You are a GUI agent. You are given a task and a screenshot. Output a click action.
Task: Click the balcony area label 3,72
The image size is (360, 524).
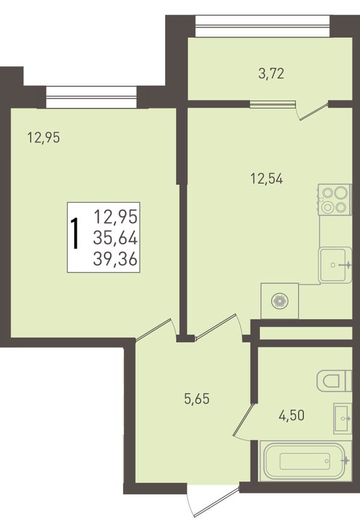(271, 73)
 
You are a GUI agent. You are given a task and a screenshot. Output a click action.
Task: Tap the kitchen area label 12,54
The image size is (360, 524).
(266, 179)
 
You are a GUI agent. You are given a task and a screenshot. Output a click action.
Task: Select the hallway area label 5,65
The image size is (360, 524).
(197, 399)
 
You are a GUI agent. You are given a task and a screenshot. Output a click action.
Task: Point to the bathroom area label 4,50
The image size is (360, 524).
(292, 415)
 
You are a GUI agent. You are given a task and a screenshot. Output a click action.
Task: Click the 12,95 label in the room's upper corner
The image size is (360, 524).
(44, 137)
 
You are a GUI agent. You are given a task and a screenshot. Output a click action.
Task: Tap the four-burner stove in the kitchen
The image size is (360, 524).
(335, 199)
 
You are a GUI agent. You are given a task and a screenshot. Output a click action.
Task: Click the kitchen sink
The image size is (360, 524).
(335, 265)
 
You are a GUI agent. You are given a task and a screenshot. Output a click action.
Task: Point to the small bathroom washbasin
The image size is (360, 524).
(343, 418)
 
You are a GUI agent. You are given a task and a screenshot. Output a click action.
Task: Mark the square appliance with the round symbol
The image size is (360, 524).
(280, 301)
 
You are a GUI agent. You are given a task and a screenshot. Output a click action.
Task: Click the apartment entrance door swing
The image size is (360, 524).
(213, 502)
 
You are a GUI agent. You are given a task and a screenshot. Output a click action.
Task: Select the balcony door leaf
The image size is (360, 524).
(313, 112)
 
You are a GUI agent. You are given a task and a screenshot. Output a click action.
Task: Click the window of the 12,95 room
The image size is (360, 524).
(92, 97)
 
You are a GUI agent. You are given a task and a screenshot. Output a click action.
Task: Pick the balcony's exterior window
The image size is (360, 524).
(262, 26)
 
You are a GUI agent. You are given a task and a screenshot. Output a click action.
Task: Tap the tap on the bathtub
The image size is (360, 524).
(346, 460)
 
